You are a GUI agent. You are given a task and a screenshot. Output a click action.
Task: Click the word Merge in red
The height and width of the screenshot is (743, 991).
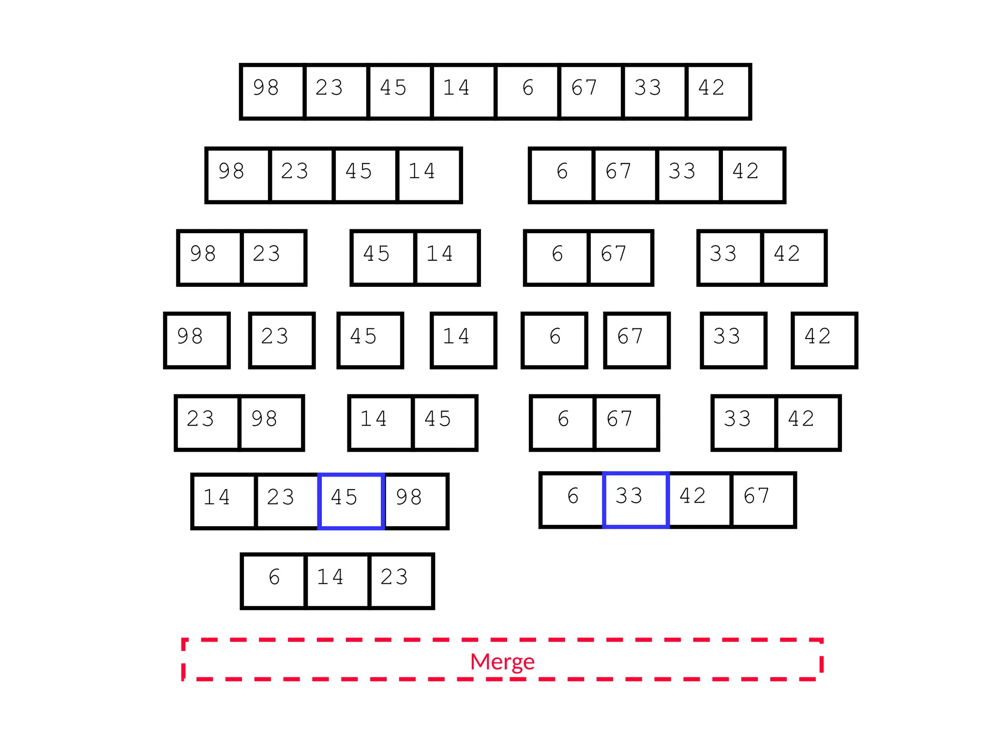[502, 661]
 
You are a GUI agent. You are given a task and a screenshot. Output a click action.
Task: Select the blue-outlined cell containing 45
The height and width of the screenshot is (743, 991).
[351, 501]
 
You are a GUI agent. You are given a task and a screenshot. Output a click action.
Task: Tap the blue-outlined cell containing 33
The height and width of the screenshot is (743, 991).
[636, 500]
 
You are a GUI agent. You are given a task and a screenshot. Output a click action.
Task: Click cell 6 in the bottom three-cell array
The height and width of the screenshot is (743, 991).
[274, 581]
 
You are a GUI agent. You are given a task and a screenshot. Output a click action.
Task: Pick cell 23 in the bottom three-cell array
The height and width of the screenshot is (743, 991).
[401, 581]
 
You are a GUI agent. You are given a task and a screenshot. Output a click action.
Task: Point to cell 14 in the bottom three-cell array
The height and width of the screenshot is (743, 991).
[337, 581]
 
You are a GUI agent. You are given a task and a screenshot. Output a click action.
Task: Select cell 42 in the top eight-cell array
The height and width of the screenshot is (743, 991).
[718, 91]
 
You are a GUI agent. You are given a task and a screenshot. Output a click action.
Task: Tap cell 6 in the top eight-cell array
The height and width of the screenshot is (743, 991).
[527, 91]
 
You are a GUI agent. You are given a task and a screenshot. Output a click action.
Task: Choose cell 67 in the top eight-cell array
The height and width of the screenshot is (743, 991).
[591, 91]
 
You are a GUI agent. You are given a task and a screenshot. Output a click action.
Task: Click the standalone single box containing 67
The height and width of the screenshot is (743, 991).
[637, 341]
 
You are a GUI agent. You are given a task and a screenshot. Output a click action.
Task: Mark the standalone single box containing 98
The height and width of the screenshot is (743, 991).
[197, 341]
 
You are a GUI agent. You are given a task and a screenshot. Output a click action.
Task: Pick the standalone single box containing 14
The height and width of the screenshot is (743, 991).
[464, 341]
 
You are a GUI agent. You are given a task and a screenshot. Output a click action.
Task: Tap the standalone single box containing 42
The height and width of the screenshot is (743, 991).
[824, 341]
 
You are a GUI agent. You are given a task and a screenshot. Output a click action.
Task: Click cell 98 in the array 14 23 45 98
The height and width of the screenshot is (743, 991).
[416, 501]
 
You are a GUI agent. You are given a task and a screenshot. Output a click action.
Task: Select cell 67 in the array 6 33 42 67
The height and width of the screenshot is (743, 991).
[763, 500]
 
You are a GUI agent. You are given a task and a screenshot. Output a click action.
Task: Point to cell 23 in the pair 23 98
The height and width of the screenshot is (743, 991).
[207, 423]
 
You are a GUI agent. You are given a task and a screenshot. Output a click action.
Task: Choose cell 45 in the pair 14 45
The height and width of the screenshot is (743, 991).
[444, 423]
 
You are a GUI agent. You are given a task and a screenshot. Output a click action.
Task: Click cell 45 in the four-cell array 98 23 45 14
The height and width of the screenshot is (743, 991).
[365, 175]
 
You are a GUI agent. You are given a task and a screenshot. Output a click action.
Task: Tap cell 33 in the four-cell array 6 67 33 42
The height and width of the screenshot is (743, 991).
[689, 175]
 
